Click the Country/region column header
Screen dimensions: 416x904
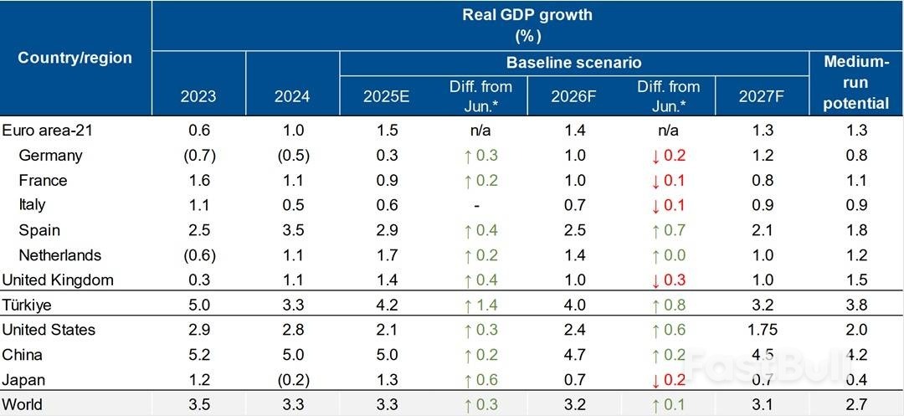tap(75, 58)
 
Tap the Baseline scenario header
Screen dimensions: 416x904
tap(573, 63)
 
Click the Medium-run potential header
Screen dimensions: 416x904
tap(856, 83)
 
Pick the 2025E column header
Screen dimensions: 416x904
tap(386, 96)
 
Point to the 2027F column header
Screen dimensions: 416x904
tap(761, 96)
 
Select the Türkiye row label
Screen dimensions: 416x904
tap(28, 305)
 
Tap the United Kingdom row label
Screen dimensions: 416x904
tap(58, 280)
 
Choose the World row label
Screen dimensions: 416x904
tap(23, 404)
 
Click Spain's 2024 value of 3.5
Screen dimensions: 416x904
tap(292, 230)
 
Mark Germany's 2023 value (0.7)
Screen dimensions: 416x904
tap(198, 155)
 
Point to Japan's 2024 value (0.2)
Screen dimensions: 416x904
tap(292, 379)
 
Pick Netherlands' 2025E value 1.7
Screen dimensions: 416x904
tap(386, 255)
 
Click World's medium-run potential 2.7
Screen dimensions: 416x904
tap(856, 404)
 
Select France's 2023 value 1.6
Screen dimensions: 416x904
tap(198, 180)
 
